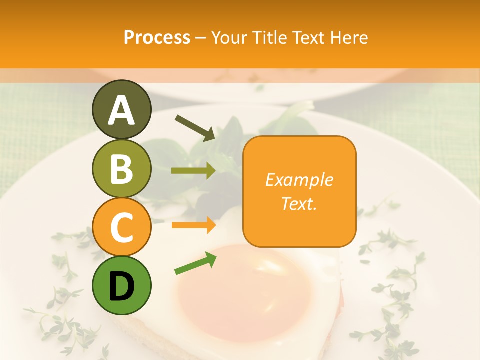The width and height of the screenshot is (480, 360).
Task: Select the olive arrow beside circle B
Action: pyautogui.click(x=193, y=170)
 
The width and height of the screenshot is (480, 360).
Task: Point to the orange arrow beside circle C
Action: pyautogui.click(x=193, y=225)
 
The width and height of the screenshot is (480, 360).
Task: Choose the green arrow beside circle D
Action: pyautogui.click(x=195, y=263)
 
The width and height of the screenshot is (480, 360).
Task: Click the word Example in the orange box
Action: pyautogui.click(x=299, y=180)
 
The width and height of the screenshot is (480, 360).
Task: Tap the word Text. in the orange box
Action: pyautogui.click(x=299, y=203)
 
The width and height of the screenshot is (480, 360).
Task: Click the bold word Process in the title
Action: pyautogui.click(x=157, y=37)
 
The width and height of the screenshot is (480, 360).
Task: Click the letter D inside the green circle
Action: pyautogui.click(x=121, y=287)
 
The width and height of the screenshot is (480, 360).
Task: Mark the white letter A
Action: pyautogui.click(x=121, y=110)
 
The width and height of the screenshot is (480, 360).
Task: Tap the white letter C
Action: pyautogui.click(x=121, y=228)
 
